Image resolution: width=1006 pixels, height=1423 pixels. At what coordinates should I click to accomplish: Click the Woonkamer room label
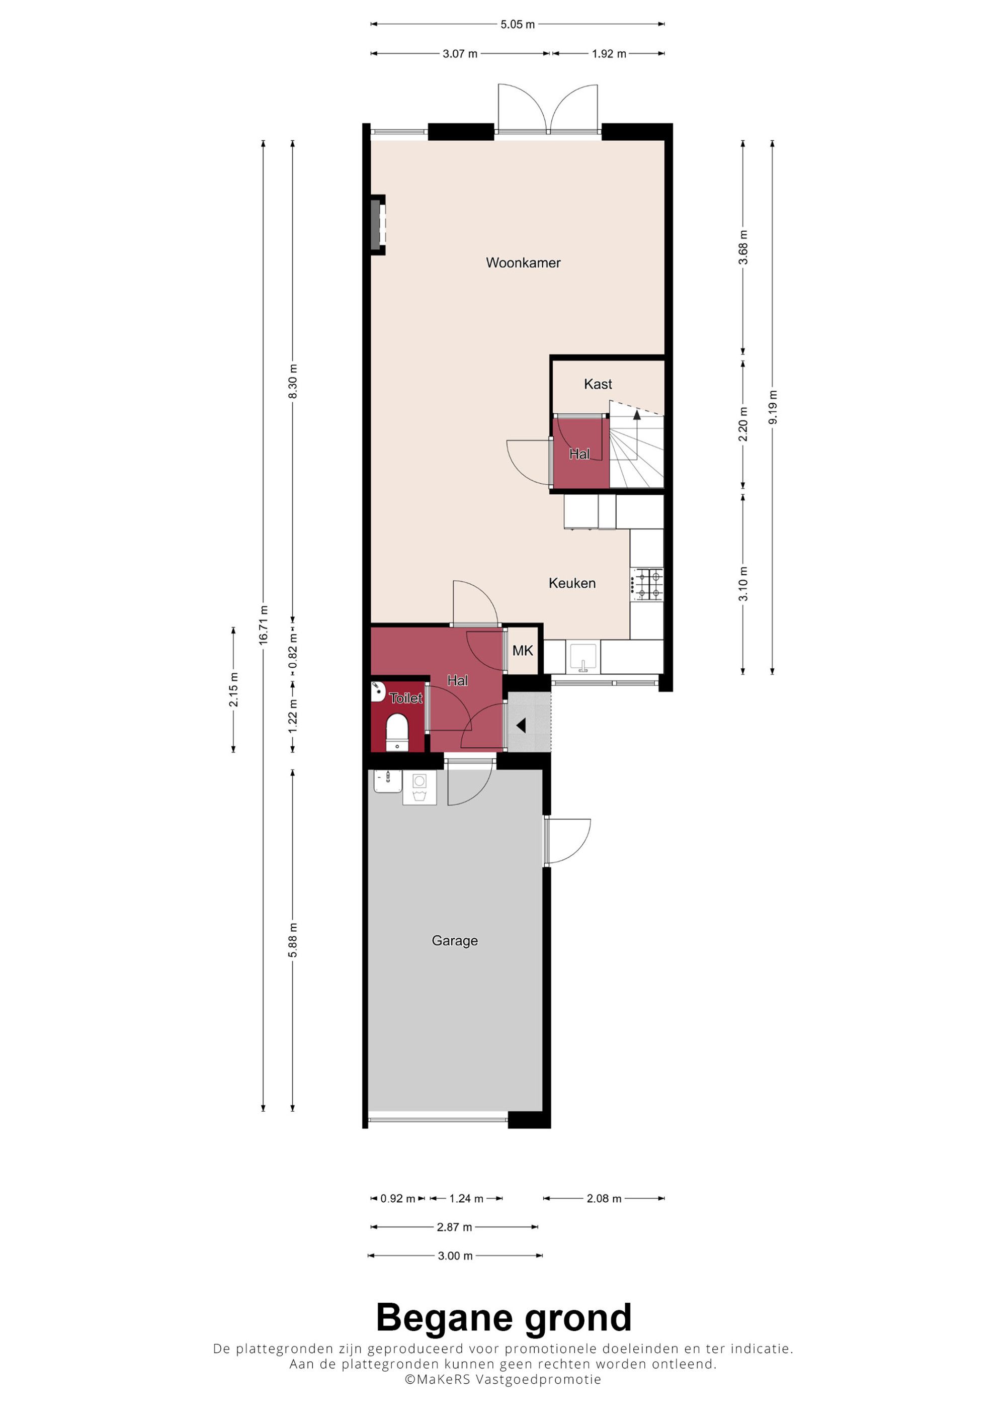523,263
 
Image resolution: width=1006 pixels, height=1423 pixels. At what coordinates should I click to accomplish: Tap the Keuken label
572,583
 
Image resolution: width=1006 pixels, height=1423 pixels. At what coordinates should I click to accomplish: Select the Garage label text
454,941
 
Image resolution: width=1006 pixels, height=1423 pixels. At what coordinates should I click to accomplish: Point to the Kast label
598,384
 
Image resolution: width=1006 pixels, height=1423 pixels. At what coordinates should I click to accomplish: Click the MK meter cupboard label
523,651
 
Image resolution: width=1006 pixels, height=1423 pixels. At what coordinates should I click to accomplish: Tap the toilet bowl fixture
397,732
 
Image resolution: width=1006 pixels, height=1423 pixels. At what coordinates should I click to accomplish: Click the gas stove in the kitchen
647,584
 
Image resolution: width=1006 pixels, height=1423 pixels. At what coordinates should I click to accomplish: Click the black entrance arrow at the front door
521,725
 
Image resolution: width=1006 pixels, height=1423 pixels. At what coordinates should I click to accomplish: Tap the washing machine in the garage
420,788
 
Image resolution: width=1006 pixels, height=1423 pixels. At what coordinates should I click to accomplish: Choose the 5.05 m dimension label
518,25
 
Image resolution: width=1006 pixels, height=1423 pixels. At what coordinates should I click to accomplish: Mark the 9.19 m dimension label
772,407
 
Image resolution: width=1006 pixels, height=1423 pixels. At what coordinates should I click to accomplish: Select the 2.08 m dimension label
604,1199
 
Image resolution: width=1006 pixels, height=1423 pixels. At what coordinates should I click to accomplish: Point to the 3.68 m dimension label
743,247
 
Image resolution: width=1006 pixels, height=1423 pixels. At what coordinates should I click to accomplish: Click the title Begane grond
504,1317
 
